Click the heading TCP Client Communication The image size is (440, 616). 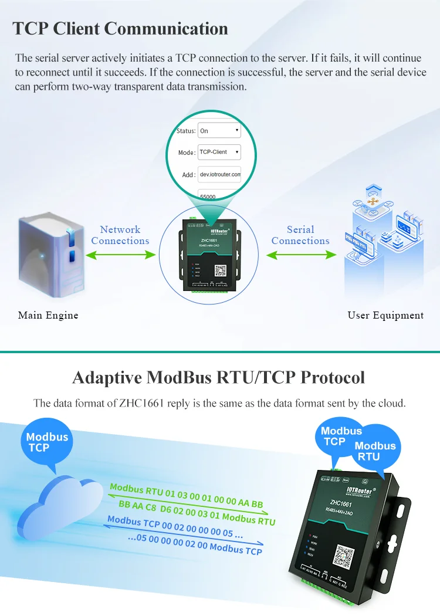coord(120,29)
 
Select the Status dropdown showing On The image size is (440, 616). coord(219,130)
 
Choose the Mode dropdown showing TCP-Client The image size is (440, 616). coord(219,152)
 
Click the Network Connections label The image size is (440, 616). coord(120,235)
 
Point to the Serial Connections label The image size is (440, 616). coord(300,235)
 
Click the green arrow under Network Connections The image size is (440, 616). coord(120,255)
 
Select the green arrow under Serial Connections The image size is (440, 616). coord(301,255)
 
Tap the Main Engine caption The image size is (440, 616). coord(48,315)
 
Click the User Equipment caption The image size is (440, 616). coord(385,315)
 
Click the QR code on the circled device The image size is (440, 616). coord(220,270)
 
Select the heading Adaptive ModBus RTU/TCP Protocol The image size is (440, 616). coord(218,377)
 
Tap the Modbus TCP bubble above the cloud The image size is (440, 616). coord(47,442)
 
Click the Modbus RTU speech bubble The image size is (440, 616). coord(375,451)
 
